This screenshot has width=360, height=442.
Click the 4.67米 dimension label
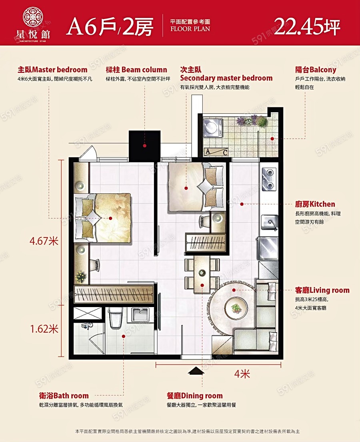[44, 241]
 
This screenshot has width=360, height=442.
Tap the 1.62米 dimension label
[44, 329]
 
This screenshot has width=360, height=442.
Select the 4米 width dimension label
[242, 374]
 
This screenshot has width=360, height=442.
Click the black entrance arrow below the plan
[196, 371]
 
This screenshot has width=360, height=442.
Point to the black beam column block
[144, 146]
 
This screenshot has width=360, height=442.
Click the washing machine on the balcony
[213, 128]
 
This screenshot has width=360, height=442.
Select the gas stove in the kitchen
[269, 179]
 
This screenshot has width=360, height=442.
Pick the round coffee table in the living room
[236, 307]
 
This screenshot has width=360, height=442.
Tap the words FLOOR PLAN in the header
[190, 29]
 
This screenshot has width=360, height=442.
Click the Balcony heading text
[316, 70]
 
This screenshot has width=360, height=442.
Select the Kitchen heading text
[315, 204]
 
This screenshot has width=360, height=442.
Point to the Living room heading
[322, 290]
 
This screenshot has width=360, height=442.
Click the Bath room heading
[64, 396]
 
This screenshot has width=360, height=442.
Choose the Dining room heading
[195, 396]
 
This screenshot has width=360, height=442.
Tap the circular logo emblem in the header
[33, 17]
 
